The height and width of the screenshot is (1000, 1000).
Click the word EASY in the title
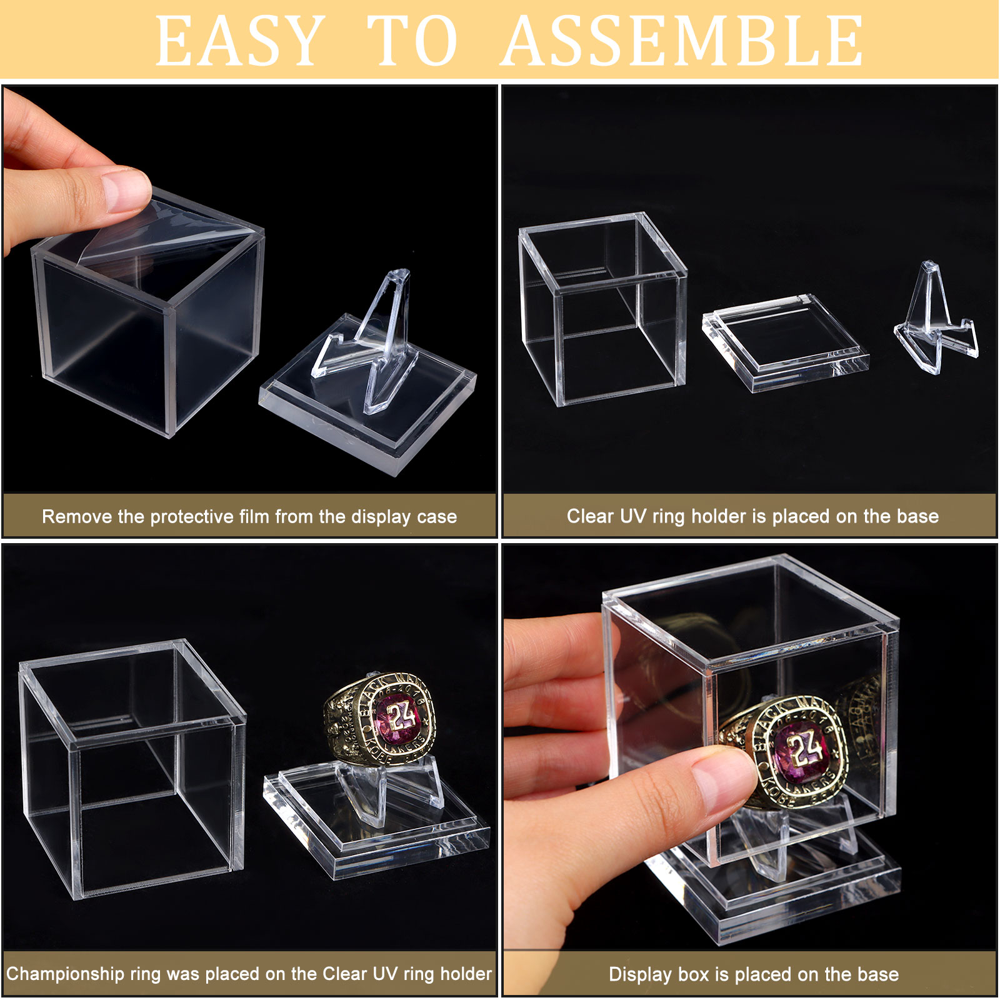coord(239,41)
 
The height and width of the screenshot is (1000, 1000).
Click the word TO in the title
coord(412,41)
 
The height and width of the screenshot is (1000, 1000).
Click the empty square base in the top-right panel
coord(785,342)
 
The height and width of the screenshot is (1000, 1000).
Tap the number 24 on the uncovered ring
coord(400,717)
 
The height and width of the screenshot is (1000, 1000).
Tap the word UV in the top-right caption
coord(633,516)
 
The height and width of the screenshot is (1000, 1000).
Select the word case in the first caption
coord(437,517)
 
